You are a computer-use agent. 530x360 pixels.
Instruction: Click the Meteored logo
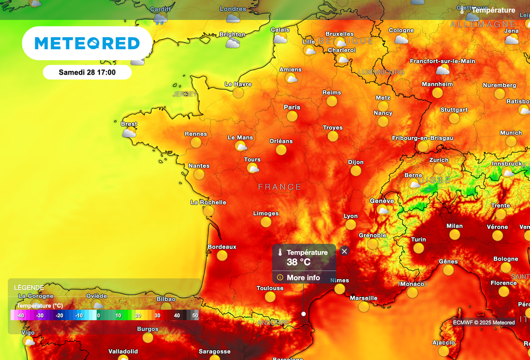coord(87,43)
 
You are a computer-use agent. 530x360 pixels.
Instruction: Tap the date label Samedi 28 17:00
coord(87,72)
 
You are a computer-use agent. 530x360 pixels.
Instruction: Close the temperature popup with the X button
coord(344,251)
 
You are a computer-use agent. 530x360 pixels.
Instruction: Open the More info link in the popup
coord(303,278)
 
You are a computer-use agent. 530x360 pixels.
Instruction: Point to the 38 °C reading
coord(299,262)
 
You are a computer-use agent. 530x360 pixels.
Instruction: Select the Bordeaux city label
coord(222,247)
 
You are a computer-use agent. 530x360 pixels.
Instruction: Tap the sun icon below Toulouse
coord(270,297)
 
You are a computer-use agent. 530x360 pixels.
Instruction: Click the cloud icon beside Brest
coord(128,133)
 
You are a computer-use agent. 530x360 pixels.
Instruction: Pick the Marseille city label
coord(363,298)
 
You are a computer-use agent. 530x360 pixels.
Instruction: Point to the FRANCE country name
coord(279,187)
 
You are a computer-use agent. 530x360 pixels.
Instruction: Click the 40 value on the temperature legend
coord(177,315)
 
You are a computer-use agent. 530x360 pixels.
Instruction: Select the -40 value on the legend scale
coord(20,315)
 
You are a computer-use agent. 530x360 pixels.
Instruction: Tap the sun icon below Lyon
coord(350,225)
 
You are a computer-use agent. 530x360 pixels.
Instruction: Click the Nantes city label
coord(199,166)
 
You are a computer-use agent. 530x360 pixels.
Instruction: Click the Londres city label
coord(233,9)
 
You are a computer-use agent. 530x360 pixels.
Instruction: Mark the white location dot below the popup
coord(303,313)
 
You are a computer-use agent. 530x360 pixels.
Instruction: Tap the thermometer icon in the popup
coord(280,253)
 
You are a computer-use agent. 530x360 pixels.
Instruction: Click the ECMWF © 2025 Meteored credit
coord(484,323)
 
